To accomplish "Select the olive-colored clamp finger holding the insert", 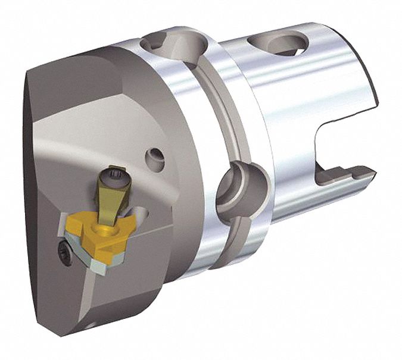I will click(110, 196).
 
